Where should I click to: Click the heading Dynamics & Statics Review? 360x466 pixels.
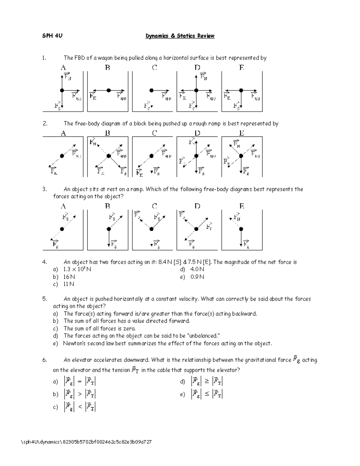coord(180,36)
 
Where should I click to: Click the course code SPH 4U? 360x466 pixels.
coord(52,36)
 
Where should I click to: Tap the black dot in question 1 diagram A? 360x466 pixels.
coord(62,90)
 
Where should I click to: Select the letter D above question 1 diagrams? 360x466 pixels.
coord(197,68)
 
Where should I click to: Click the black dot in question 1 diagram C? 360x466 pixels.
coord(151,90)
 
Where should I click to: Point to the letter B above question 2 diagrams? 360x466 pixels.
coord(107,133)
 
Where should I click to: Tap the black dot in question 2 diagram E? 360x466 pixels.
coord(241,156)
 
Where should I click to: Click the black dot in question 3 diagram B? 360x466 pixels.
coord(109,229)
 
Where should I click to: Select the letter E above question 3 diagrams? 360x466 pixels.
coord(241,206)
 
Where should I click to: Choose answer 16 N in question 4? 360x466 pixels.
coord(69,277)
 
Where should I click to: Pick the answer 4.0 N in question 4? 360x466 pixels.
coord(197,269)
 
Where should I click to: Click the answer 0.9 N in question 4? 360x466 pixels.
coord(197,277)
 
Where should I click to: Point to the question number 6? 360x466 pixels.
coord(44,360)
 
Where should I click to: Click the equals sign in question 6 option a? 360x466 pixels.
coord(79,382)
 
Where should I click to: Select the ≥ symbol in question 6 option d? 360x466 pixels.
coord(207,382)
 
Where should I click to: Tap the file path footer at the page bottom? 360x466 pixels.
coord(86,442)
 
